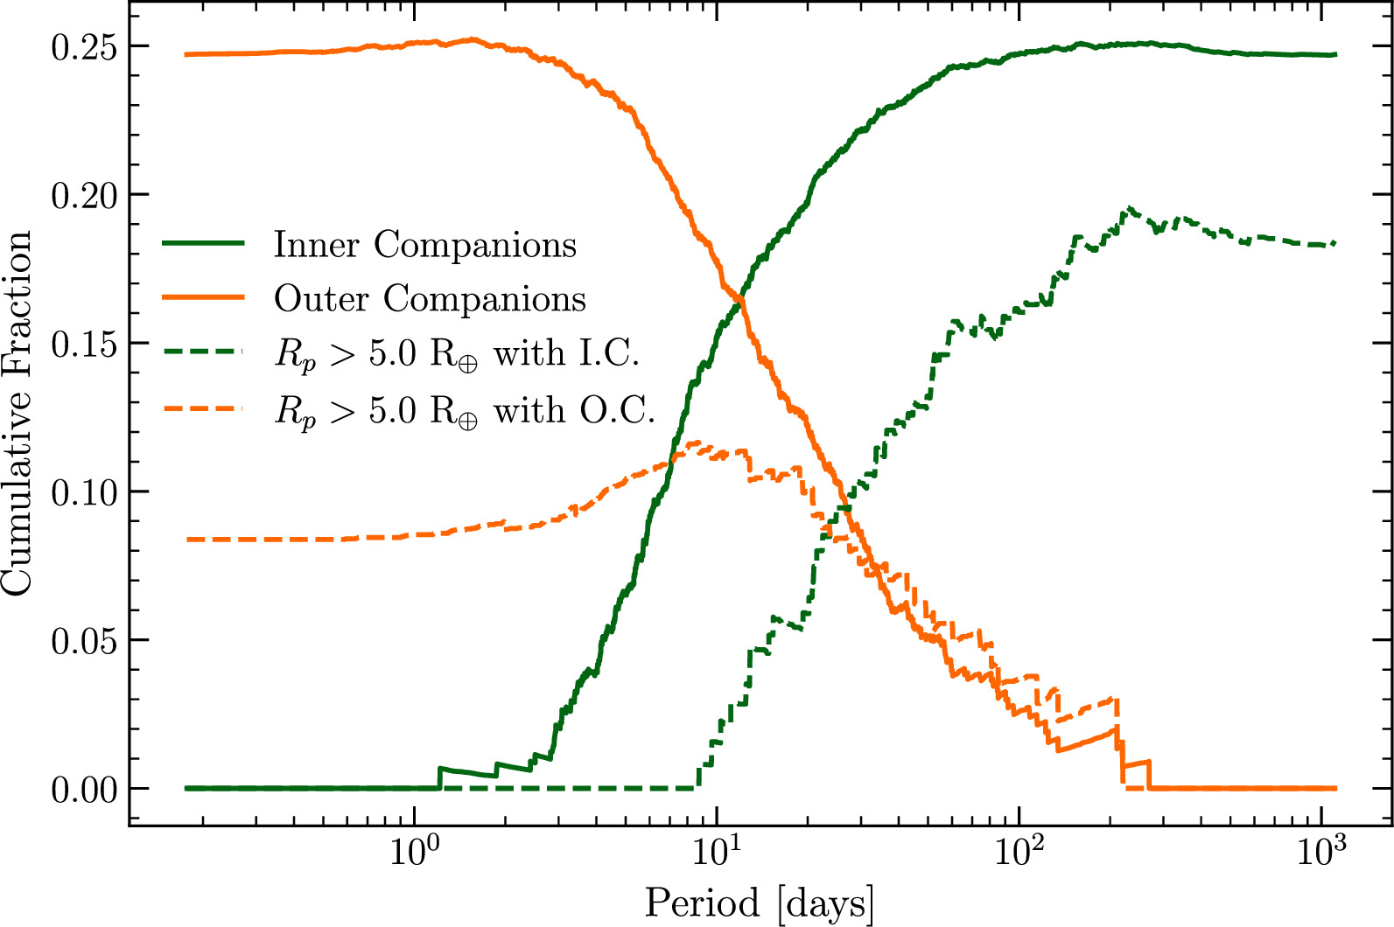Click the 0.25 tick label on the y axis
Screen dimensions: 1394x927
pyautogui.click(x=83, y=48)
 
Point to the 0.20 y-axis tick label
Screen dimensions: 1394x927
pyautogui.click(x=83, y=196)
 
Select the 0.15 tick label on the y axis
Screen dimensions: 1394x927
pyautogui.click(x=83, y=345)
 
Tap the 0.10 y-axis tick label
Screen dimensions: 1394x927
pyautogui.click(x=83, y=493)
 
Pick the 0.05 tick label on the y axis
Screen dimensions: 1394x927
pyautogui.click(x=83, y=642)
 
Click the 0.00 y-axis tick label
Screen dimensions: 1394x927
pyautogui.click(x=83, y=791)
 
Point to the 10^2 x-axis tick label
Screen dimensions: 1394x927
pyautogui.click(x=1017, y=851)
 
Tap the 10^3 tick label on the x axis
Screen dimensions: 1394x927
pyautogui.click(x=1320, y=851)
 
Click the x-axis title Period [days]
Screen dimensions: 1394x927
pyautogui.click(x=760, y=903)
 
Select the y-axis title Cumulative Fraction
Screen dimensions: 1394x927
pyautogui.click(x=17, y=414)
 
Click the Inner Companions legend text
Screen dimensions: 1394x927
pyautogui.click(x=425, y=244)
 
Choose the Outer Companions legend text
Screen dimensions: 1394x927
pyautogui.click(x=430, y=298)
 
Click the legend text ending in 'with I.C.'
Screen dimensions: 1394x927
pyautogui.click(x=458, y=354)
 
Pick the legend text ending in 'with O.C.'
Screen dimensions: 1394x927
pyautogui.click(x=466, y=411)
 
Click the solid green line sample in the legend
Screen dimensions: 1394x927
pyautogui.click(x=203, y=243)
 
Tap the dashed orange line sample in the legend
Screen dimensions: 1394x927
pyautogui.click(x=203, y=408)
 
